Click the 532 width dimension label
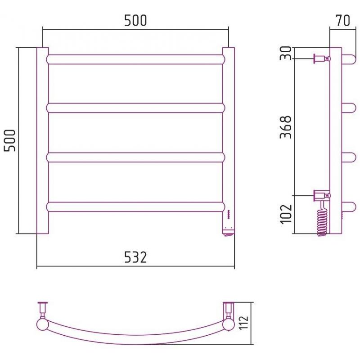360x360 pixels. (x=135, y=257)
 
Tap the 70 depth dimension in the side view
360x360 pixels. (x=343, y=20)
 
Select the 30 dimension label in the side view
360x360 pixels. (x=286, y=53)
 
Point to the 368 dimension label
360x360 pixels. (x=286, y=127)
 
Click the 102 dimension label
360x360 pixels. (x=286, y=213)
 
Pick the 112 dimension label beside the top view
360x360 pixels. (x=243, y=323)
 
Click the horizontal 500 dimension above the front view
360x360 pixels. (x=135, y=20)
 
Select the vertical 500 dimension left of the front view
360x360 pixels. (x=10, y=140)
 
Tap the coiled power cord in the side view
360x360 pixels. (x=322, y=218)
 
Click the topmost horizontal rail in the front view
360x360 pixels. (x=136, y=59)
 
